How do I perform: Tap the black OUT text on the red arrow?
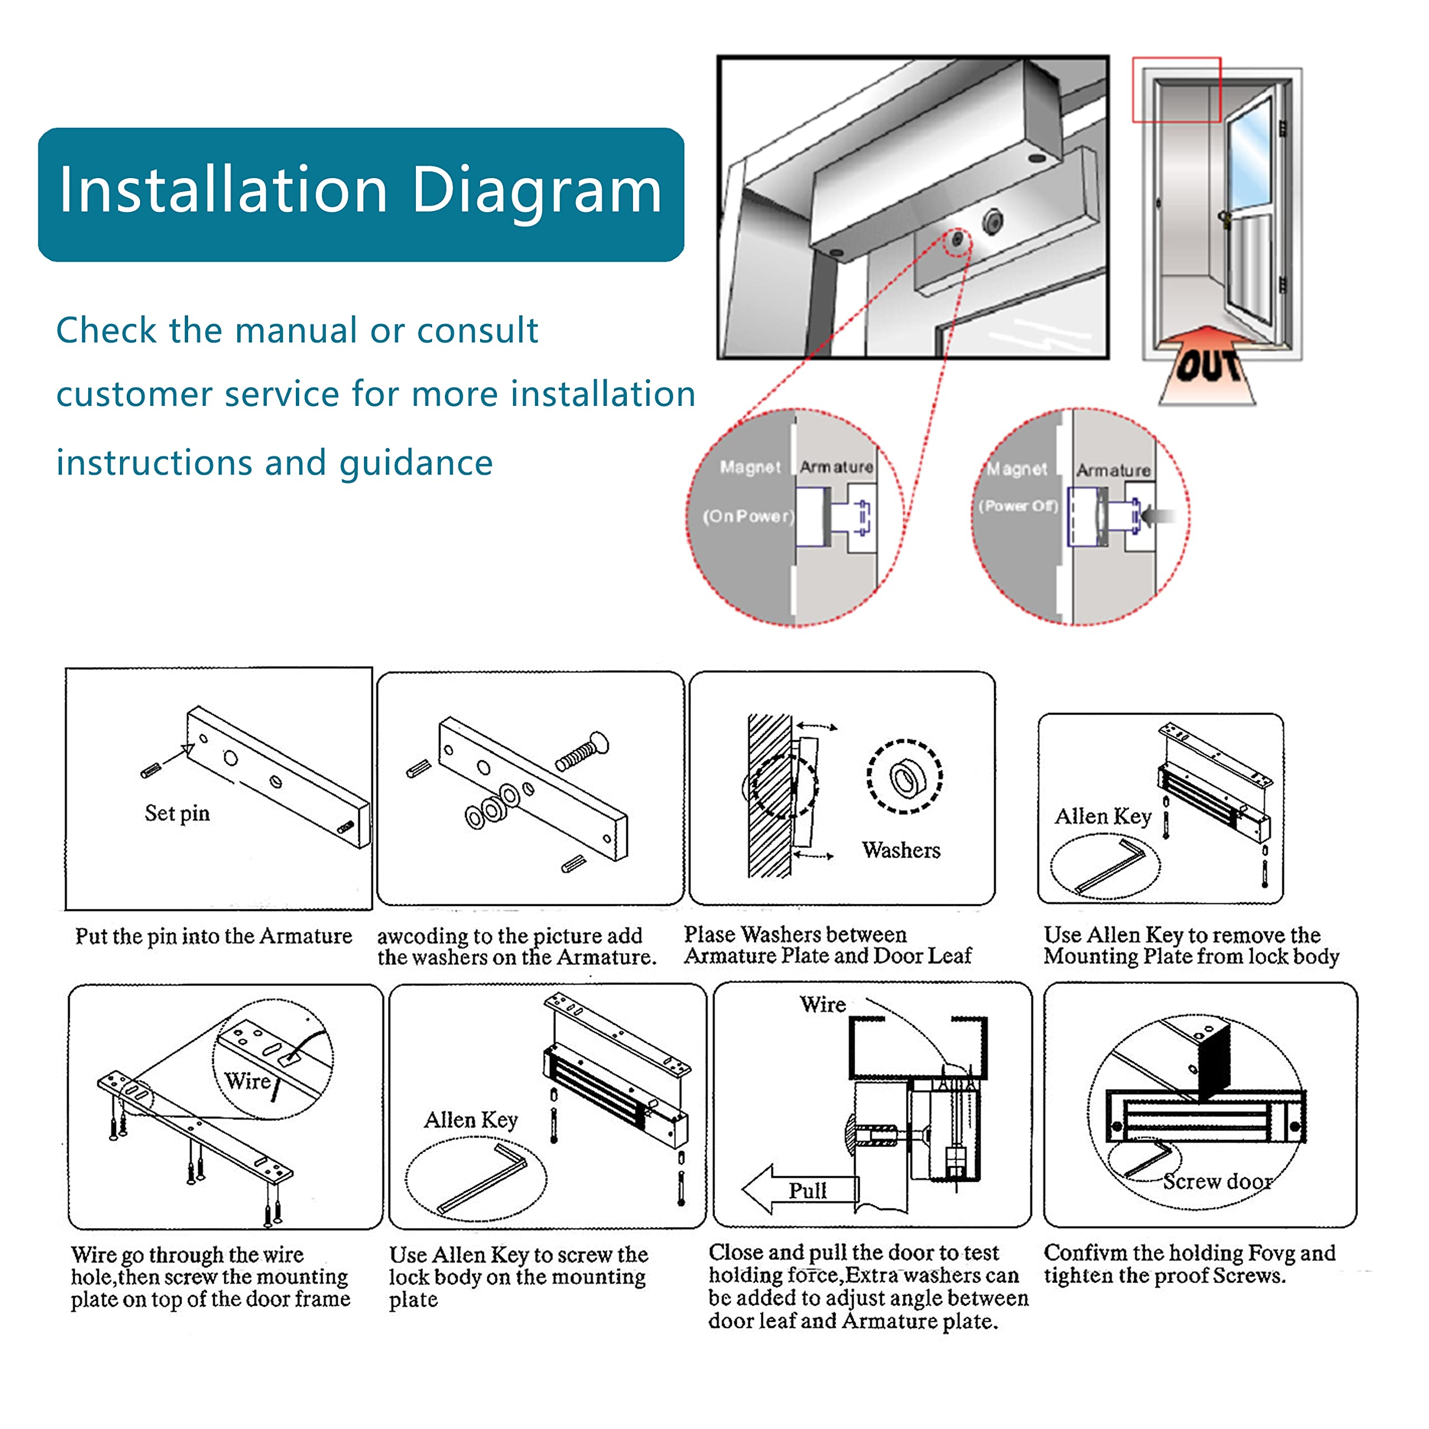pyautogui.click(x=1207, y=366)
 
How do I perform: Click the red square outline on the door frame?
pyautogui.click(x=1176, y=89)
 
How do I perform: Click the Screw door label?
pyautogui.click(x=1217, y=1182)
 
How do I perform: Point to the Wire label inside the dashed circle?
pyautogui.click(x=248, y=1081)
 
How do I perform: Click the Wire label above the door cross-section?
pyautogui.click(x=822, y=1004)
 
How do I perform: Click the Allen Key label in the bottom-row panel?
pyautogui.click(x=471, y=1120)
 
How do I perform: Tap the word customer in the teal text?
pyautogui.click(x=135, y=394)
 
